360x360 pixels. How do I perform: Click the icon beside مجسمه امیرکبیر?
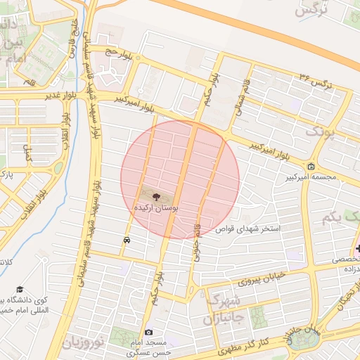click(x=311, y=166)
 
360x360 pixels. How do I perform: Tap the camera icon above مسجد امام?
click(x=148, y=332)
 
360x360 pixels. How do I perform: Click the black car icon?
click(x=126, y=240)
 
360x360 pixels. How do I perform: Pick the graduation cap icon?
click(x=20, y=290)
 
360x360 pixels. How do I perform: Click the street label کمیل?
click(x=28, y=153)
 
